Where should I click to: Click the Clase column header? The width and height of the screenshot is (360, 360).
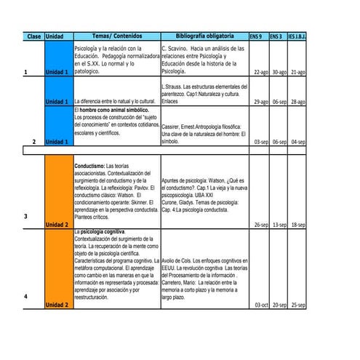(x=33, y=36)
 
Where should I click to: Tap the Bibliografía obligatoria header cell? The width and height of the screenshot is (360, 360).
(x=204, y=36)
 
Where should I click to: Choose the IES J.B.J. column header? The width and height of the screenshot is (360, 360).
(x=297, y=36)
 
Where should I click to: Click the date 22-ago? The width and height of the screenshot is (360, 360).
(x=260, y=73)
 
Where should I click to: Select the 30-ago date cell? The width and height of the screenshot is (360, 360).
(x=279, y=73)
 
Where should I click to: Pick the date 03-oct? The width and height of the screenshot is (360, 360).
(x=260, y=305)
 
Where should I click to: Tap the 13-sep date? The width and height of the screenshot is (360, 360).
(x=279, y=225)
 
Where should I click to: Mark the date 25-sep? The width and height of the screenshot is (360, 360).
(x=298, y=305)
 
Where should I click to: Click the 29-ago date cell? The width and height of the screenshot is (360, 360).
(x=260, y=102)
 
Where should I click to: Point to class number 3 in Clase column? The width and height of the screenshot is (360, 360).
(x=25, y=217)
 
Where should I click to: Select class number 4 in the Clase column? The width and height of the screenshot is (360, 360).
(x=25, y=297)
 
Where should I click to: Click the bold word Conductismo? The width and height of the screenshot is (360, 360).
(x=89, y=166)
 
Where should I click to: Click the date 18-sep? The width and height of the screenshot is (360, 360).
(x=298, y=225)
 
